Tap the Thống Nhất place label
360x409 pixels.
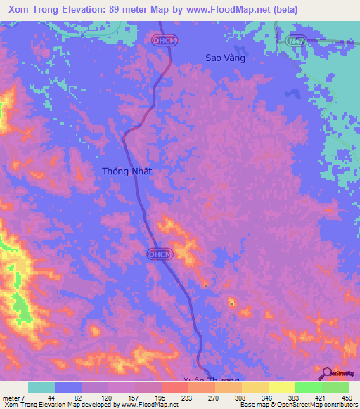point(127,171)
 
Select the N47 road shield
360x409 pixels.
point(296,41)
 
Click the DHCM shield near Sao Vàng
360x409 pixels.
point(162,41)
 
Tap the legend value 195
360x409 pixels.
point(161,398)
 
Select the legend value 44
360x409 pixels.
point(56,398)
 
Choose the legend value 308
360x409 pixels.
point(240,398)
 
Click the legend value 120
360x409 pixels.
point(108,398)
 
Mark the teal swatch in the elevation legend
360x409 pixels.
point(41,387)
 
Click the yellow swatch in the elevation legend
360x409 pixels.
point(281,387)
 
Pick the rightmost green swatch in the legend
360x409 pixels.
point(335,387)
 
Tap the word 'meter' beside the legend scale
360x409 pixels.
point(11,398)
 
